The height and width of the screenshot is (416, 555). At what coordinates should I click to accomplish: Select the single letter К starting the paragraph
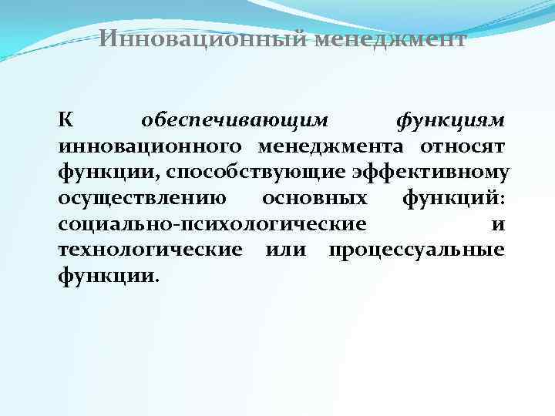coord(66,121)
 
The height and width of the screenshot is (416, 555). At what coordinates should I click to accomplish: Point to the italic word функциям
coord(450,121)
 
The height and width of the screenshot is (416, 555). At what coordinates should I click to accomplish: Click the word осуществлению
coord(143,199)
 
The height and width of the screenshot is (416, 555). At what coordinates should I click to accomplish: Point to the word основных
coord(314,199)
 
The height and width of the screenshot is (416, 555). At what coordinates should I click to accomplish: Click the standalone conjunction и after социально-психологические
coord(498,224)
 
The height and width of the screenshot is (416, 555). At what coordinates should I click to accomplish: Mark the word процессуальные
coord(417,250)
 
